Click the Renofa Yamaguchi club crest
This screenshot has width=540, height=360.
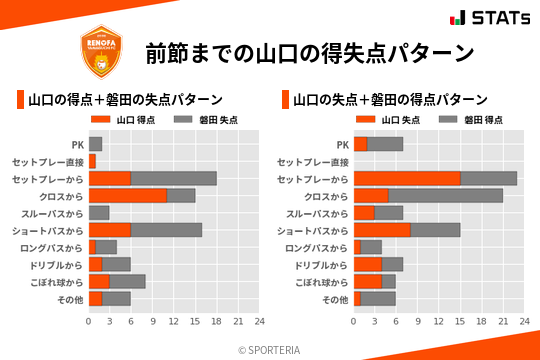(102, 51)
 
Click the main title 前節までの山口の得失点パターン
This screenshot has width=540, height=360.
(309, 52)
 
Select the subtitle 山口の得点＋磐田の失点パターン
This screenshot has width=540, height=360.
(125, 100)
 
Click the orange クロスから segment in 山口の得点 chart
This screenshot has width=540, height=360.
(128, 196)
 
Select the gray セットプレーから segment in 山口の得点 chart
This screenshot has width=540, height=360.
(174, 178)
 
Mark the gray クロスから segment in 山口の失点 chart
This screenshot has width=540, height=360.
(445, 196)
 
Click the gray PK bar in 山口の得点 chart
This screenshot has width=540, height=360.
(95, 144)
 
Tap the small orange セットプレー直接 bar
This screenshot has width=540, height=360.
(92, 161)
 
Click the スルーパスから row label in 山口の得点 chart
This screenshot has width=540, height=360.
(56, 213)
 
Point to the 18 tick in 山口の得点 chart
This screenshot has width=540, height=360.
(216, 321)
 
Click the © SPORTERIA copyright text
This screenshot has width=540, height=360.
(270, 349)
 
